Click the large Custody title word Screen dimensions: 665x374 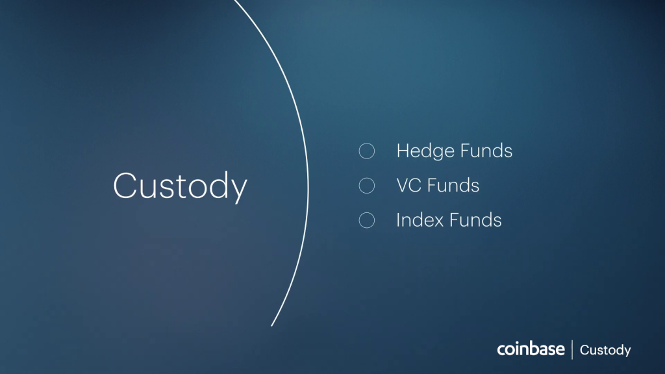pos(180,186)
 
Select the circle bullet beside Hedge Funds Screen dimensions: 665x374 pos(367,151)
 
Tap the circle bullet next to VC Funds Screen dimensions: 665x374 pos(367,186)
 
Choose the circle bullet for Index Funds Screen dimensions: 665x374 pos(367,221)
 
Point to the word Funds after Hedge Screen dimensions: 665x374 pos(486,151)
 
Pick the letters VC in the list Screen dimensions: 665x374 pos(409,186)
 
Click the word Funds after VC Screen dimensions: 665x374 pos(453,186)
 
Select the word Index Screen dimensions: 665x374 pos(420,221)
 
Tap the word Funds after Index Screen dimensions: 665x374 pos(475,221)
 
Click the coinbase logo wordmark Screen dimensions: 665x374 pos(531,349)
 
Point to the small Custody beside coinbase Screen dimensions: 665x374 pos(605,351)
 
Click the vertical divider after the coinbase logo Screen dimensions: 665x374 pos(572,349)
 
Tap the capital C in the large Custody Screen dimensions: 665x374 pos(125,185)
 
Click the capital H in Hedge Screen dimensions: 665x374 pos(403,151)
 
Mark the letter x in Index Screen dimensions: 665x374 pos(436,223)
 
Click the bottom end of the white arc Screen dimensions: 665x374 pos(271,326)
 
